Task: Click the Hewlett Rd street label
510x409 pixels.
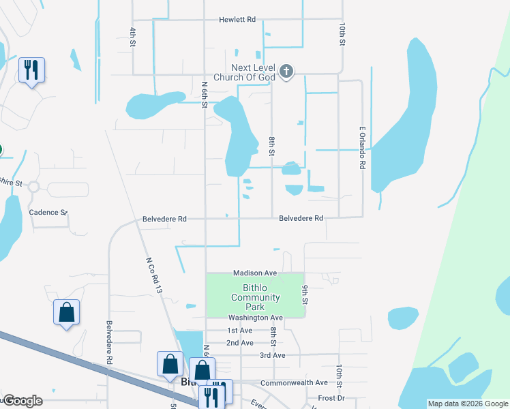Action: (237, 20)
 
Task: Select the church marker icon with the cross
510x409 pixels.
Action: (287, 71)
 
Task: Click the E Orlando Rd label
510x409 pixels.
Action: (363, 147)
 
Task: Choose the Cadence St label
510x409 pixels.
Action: (48, 212)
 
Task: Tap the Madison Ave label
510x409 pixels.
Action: (255, 273)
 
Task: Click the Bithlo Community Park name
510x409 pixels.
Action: (256, 297)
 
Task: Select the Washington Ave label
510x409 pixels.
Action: (255, 318)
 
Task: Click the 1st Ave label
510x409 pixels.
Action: (240, 331)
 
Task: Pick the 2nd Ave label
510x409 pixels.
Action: (240, 343)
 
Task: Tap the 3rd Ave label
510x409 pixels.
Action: (272, 355)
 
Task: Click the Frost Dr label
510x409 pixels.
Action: (331, 397)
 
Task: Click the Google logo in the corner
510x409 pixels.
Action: (22, 401)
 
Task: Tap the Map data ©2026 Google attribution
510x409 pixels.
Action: (468, 404)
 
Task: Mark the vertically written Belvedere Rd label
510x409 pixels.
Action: (108, 341)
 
